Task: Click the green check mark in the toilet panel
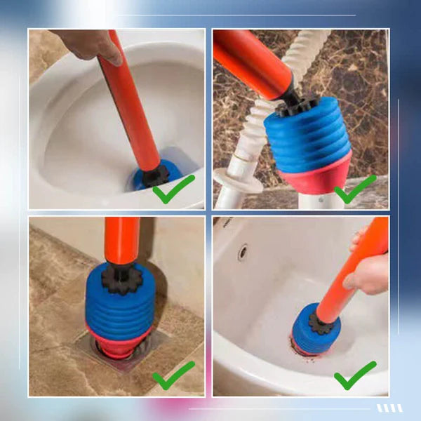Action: [x=173, y=189]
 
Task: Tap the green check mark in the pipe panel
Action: [x=355, y=189]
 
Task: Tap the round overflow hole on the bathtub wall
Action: [x=242, y=252]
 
